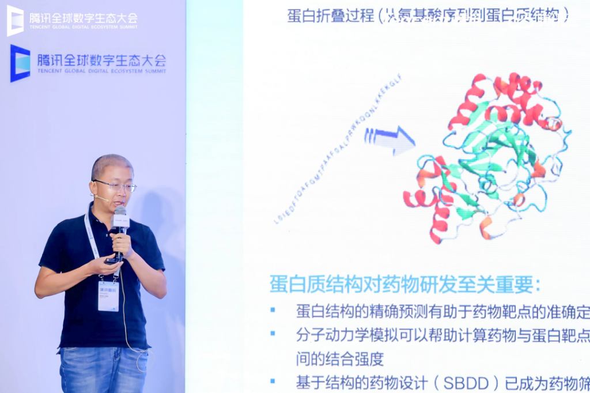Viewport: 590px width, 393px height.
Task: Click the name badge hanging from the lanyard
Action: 108,296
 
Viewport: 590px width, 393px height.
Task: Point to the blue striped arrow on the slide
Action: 389,139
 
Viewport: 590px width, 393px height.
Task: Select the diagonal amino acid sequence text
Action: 337,152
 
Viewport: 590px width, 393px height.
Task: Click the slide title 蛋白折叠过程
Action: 332,16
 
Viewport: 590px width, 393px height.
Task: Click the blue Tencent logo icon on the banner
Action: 20,63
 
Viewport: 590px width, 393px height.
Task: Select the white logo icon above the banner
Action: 15,20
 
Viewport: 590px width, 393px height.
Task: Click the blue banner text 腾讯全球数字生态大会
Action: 101,60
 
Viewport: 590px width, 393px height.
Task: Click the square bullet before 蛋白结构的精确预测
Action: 273,310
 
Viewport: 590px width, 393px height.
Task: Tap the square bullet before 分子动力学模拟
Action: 273,334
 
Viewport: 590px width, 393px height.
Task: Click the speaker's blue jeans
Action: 104,369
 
